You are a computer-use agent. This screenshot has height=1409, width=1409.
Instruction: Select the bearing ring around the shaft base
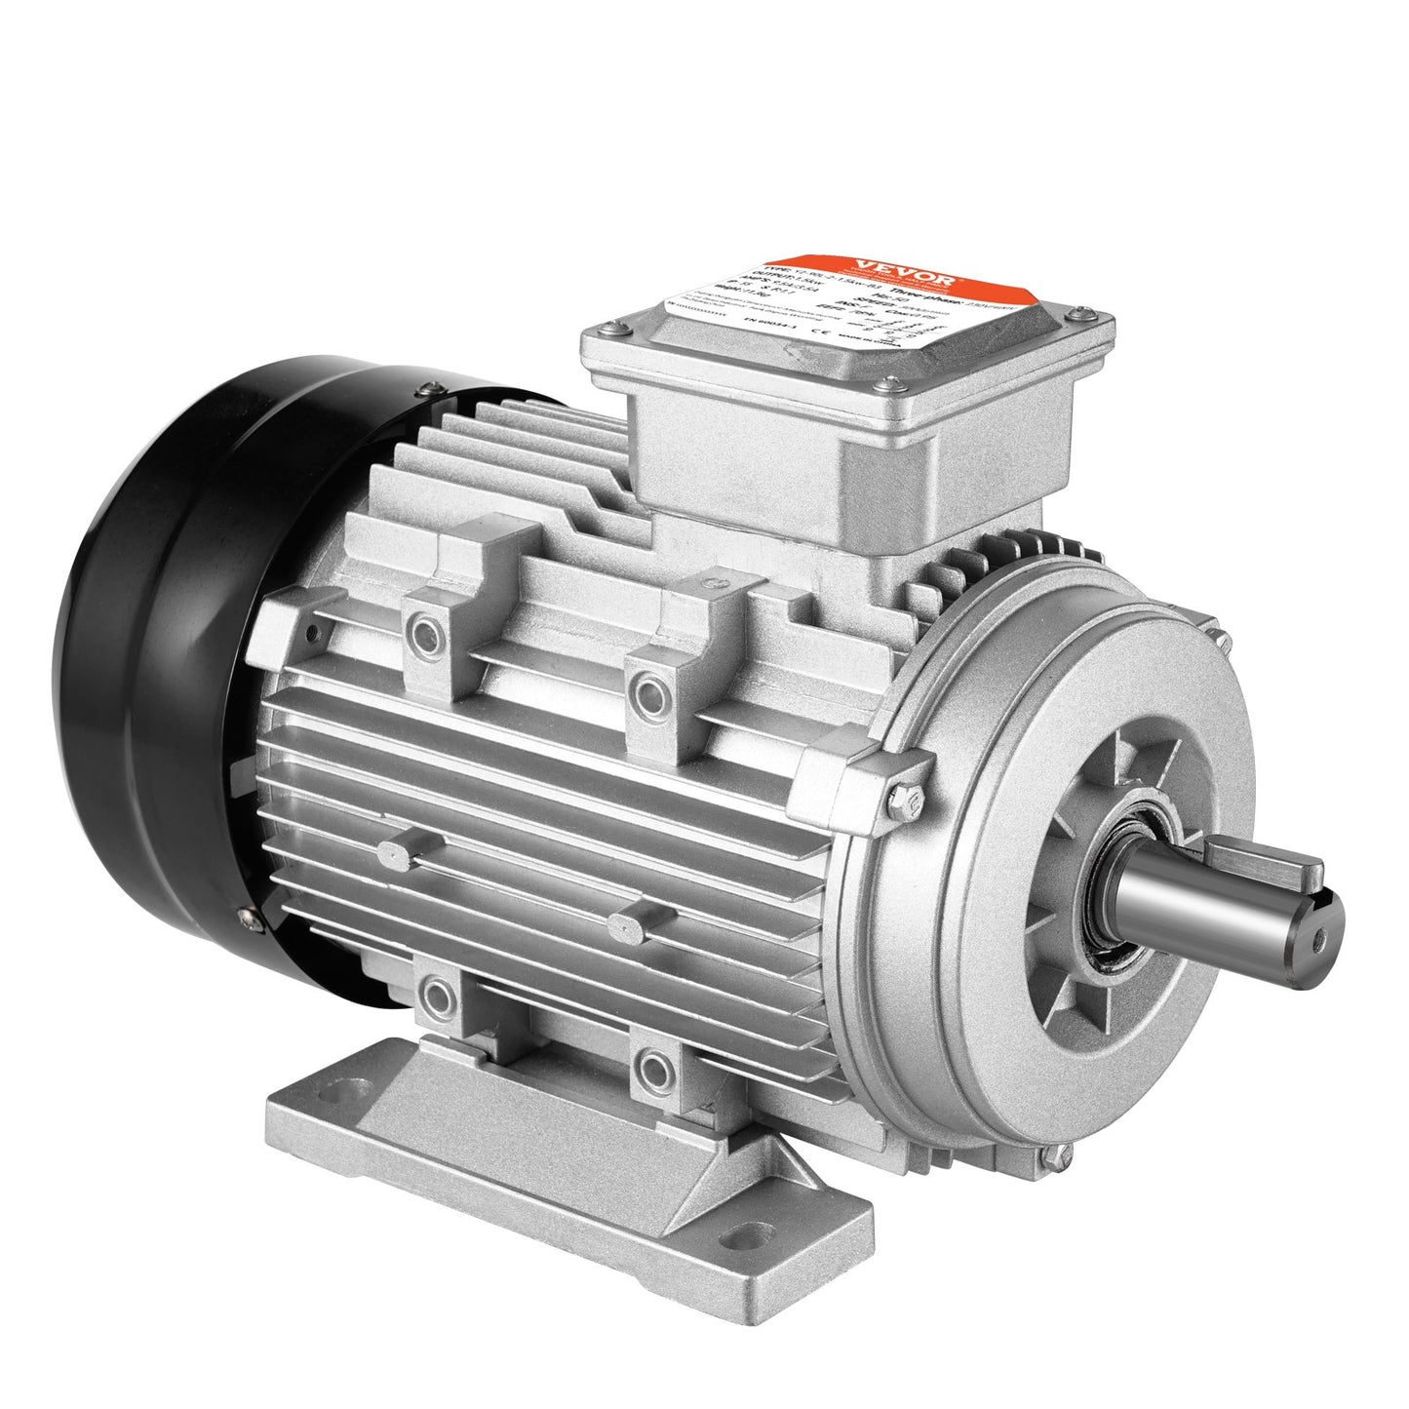coord(1121,897)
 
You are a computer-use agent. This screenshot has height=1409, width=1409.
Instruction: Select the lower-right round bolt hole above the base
coord(648,1063)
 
